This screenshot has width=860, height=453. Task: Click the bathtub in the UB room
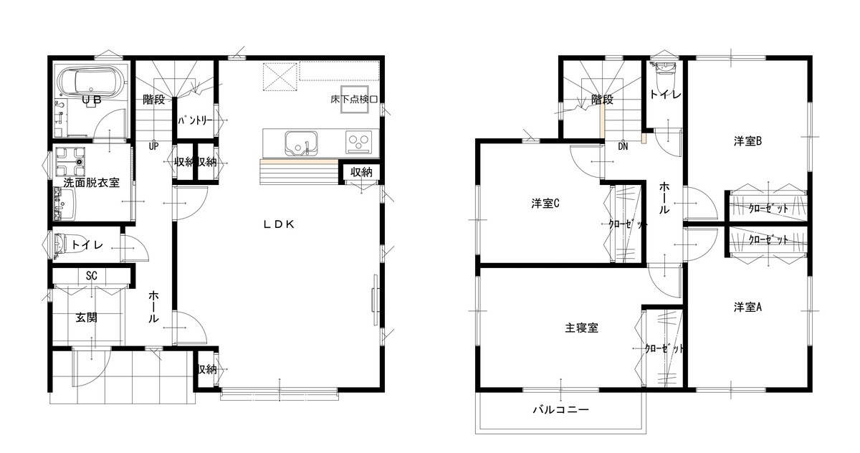(92, 82)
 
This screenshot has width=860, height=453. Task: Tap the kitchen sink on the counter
(302, 143)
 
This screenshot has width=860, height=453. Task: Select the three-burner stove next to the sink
(358, 142)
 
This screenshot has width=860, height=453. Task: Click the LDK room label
(279, 224)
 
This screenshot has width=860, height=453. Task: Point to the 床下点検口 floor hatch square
(354, 99)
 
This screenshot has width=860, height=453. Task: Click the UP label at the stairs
(153, 146)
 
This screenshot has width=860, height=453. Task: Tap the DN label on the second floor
(623, 146)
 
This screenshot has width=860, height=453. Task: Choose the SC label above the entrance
(92, 276)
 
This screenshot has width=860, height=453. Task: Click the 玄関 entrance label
(87, 318)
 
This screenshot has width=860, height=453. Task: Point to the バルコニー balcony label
(560, 410)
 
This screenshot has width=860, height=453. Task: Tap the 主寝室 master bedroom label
(581, 328)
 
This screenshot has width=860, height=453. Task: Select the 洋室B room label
(747, 141)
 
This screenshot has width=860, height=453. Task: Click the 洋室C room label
(545, 204)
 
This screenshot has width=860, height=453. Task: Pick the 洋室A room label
(747, 307)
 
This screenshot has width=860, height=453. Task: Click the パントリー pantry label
(195, 120)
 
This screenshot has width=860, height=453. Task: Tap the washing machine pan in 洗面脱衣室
(70, 161)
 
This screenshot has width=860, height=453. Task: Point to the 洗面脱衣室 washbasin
(64, 204)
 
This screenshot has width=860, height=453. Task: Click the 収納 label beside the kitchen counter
(361, 172)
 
